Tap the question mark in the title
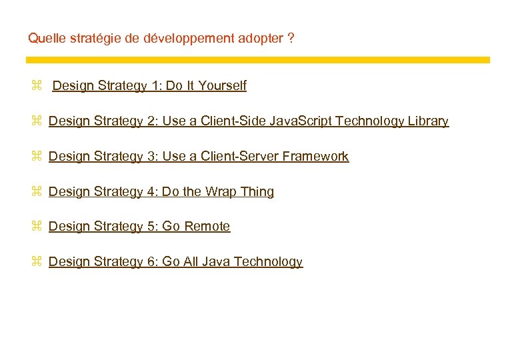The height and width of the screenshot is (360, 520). (x=291, y=38)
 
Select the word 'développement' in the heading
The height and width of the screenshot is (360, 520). (x=177, y=38)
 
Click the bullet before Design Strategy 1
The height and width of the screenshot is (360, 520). (x=37, y=86)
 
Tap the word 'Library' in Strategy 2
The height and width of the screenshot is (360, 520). (x=427, y=121)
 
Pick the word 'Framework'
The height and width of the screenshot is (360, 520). (x=316, y=157)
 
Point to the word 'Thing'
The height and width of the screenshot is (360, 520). (x=257, y=192)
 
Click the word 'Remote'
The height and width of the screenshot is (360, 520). (x=207, y=227)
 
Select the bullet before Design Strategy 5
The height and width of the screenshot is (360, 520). (x=37, y=227)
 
